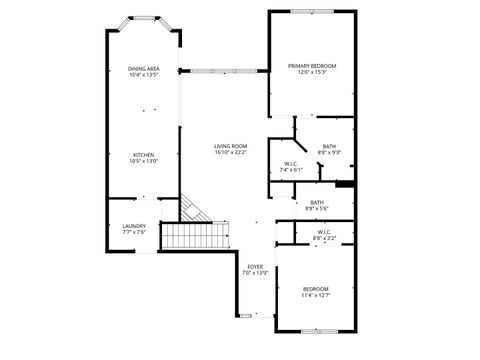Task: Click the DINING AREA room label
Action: [x=144, y=68]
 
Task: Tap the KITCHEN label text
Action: [x=144, y=155]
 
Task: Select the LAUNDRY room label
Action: [x=134, y=226]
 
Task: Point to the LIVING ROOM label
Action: [x=230, y=147]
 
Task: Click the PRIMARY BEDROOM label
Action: [x=312, y=66]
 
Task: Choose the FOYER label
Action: [x=256, y=266]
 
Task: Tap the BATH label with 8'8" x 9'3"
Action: [x=329, y=146]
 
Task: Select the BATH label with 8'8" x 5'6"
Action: [x=316, y=203]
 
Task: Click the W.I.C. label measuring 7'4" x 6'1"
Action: [x=291, y=164]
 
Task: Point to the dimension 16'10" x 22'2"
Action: [x=230, y=153]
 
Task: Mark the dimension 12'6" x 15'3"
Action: [x=312, y=73]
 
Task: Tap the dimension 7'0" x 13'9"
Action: [x=256, y=273]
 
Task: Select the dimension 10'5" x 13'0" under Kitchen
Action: [x=144, y=162]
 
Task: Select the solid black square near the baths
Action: [x=345, y=183]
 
